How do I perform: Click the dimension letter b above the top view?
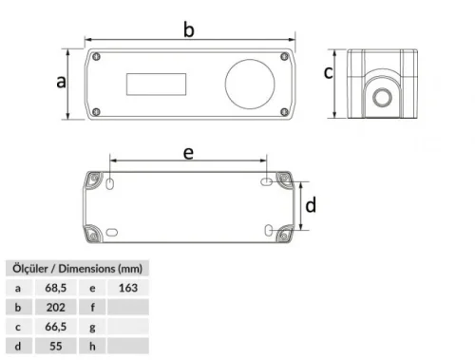(x=189, y=31)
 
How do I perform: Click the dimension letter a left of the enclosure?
(x=60, y=83)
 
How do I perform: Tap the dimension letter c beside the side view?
(x=328, y=72)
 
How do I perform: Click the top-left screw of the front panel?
(x=97, y=57)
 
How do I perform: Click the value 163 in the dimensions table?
(x=130, y=286)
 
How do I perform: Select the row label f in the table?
(x=92, y=307)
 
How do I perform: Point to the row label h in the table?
(x=92, y=348)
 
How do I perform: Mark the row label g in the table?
(x=92, y=328)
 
